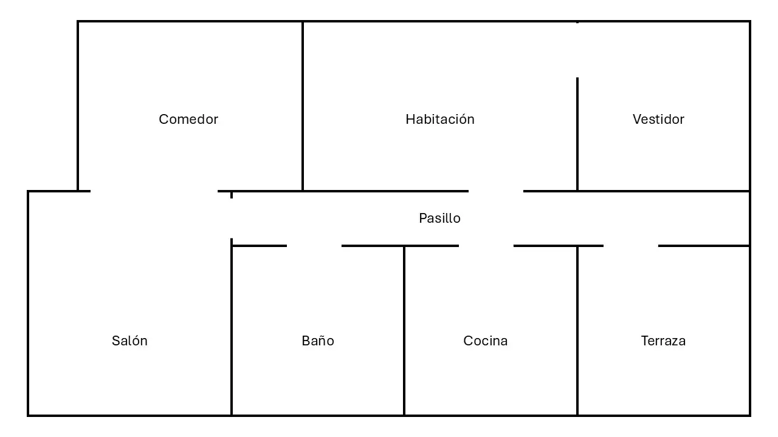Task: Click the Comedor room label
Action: tap(188, 120)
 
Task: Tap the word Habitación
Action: tap(439, 120)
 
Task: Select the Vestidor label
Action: tap(658, 120)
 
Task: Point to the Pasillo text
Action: tap(439, 218)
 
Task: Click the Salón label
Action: tap(129, 340)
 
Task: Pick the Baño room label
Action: tap(318, 340)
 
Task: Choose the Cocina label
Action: tap(485, 340)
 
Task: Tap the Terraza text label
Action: tap(663, 340)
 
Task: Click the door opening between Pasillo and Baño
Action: tap(314, 246)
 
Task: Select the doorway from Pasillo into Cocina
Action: tap(486, 246)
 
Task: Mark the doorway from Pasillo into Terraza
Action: tap(631, 246)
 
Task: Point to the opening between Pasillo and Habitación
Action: tap(496, 191)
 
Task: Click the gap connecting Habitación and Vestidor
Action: tap(577, 50)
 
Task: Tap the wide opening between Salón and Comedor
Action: tap(154, 191)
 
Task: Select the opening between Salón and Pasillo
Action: tap(232, 218)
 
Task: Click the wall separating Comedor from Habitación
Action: tap(303, 106)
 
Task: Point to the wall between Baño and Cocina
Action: tap(404, 331)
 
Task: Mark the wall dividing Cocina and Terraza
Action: tap(577, 331)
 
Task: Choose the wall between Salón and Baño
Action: tap(232, 327)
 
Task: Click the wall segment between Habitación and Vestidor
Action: tap(577, 134)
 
